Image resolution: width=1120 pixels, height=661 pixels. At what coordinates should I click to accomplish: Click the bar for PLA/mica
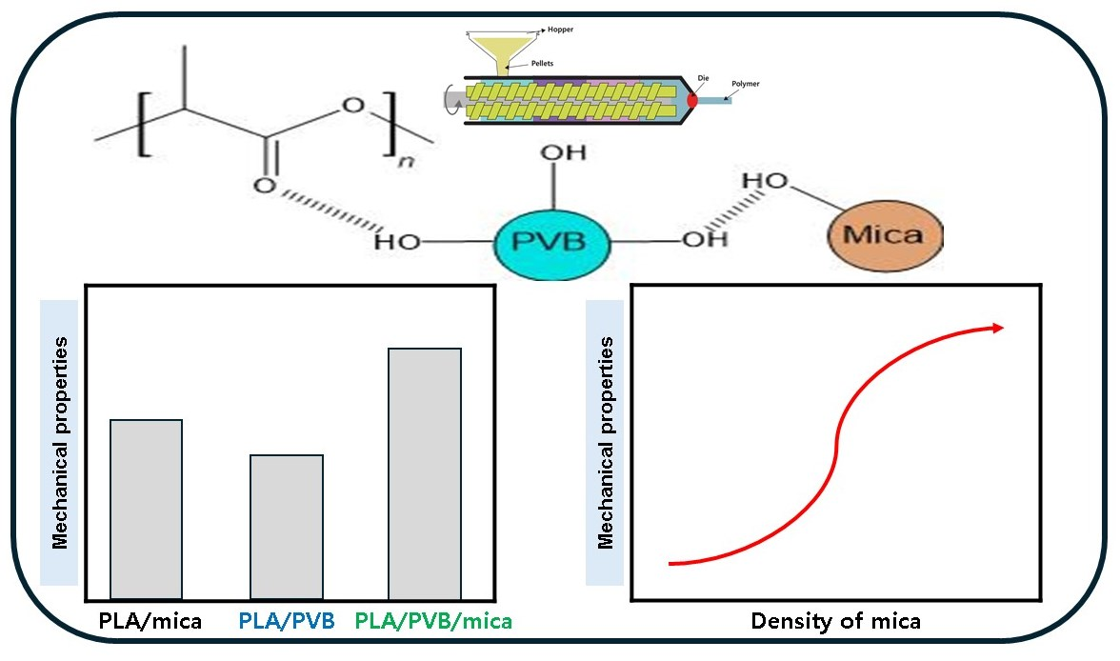coord(146,509)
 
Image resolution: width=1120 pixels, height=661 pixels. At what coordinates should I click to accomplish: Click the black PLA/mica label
coord(150,623)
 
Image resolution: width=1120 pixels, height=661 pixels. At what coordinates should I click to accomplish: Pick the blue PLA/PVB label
coord(286,623)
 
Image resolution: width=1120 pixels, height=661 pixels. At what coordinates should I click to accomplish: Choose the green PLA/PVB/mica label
coord(434,623)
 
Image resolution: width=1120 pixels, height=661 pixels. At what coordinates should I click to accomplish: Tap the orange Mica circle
coord(885,233)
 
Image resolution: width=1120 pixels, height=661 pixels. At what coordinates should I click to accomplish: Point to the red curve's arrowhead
coord(997,328)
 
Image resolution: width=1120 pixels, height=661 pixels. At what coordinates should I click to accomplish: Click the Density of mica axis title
coord(836,622)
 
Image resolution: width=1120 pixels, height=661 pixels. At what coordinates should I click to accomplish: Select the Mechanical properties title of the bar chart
coord(60,442)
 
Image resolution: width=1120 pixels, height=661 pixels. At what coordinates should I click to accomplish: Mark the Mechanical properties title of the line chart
coord(605,442)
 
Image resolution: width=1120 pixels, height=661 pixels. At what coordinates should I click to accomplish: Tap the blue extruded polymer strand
coord(733,100)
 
